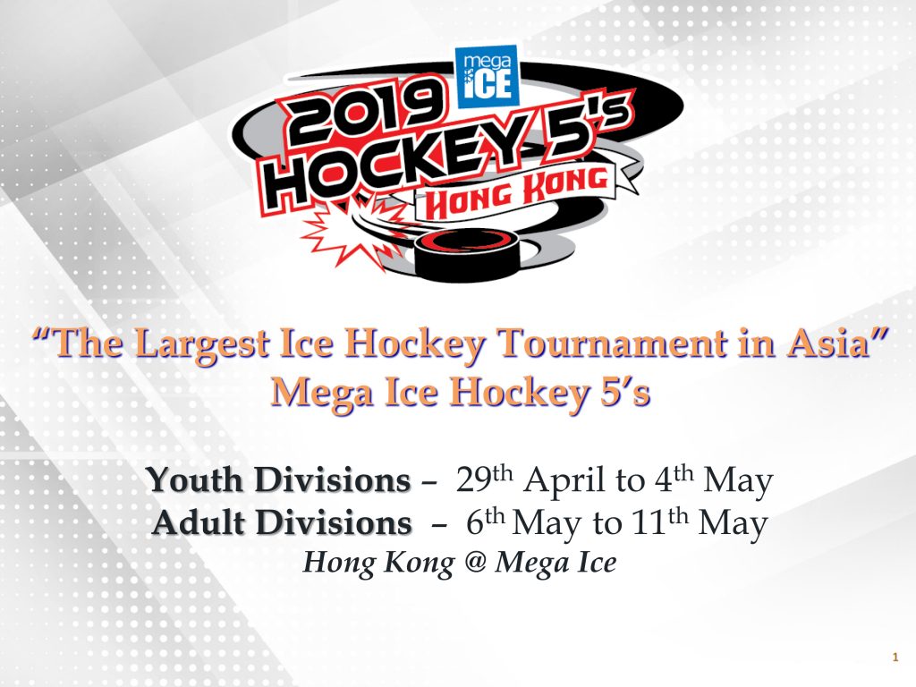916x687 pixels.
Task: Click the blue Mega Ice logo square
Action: click(487, 77)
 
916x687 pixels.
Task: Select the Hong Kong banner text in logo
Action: click(516, 190)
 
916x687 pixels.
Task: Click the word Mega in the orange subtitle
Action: click(322, 394)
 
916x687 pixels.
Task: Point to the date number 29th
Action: click(484, 479)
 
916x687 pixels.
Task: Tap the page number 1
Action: click(895, 657)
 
